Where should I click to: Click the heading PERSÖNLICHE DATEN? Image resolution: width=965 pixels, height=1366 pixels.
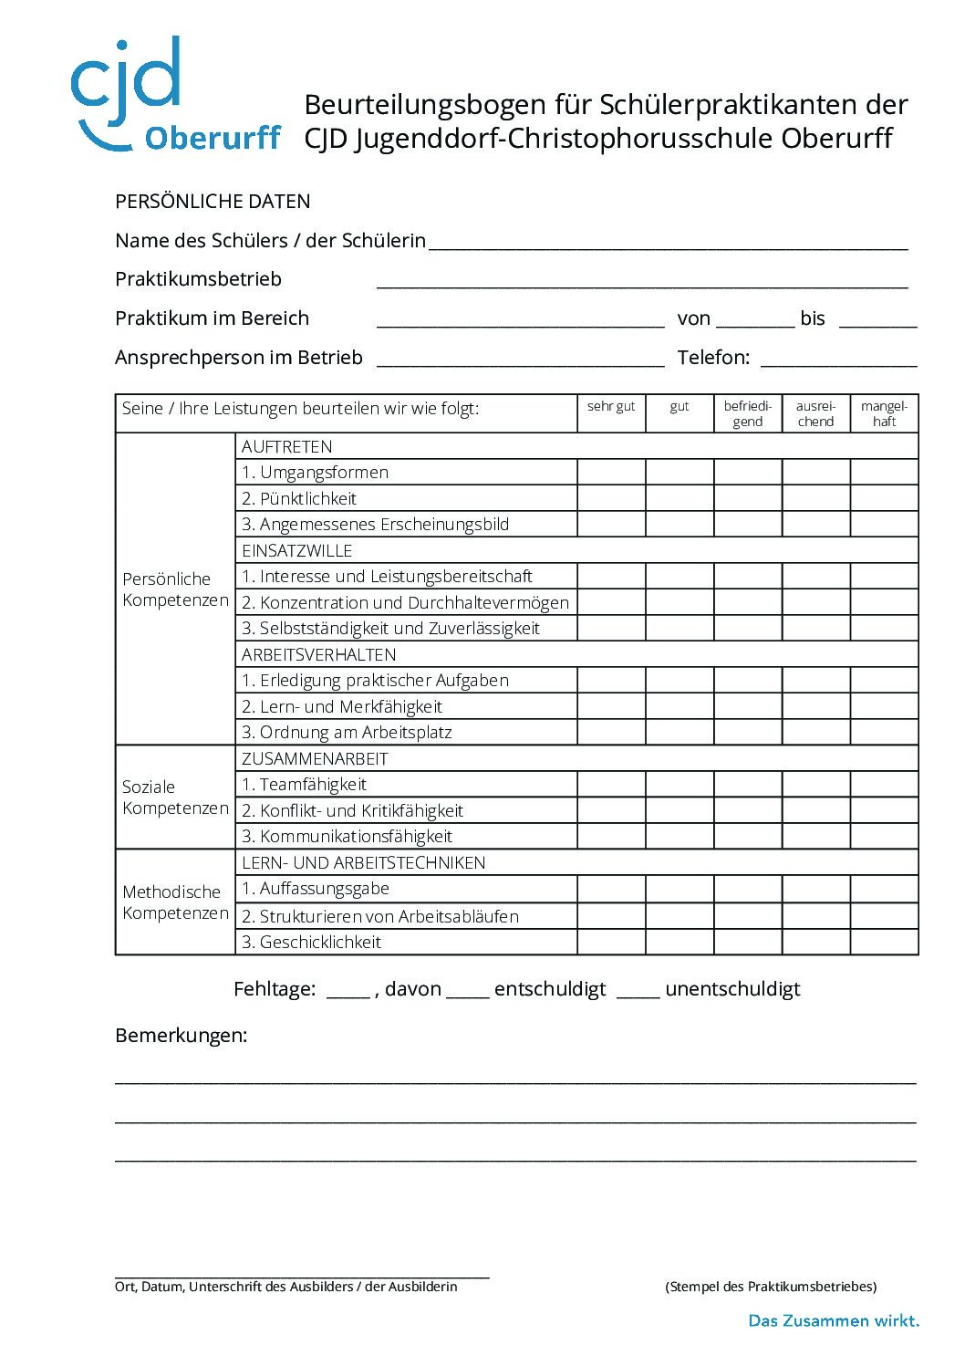point(213,202)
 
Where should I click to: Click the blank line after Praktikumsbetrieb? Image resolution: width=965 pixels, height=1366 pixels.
point(641,281)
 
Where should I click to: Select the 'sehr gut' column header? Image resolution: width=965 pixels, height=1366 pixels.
point(611,407)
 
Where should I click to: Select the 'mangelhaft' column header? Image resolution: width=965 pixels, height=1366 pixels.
point(884,413)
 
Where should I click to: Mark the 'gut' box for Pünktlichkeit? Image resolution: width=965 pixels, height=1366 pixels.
point(680,498)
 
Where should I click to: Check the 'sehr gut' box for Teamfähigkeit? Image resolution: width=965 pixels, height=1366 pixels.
point(611,785)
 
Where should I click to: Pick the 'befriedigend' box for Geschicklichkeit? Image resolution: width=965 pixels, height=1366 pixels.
point(747,942)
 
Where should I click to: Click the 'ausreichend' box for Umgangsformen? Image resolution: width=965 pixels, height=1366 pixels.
point(815,472)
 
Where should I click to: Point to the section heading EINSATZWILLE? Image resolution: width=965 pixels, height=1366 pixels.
point(296,550)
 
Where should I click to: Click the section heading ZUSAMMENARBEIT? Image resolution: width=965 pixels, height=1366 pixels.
point(315,758)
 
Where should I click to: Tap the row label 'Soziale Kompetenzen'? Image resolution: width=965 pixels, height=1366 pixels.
point(175,798)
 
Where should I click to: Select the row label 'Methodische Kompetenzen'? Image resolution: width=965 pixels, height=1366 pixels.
point(175,902)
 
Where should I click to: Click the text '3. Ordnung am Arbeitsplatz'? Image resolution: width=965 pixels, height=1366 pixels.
point(347,732)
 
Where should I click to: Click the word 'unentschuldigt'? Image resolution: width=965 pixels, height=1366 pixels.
point(732,989)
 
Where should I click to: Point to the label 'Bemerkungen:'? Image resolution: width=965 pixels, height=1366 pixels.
point(182,1036)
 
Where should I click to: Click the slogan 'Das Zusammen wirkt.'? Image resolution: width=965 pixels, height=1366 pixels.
point(834,1320)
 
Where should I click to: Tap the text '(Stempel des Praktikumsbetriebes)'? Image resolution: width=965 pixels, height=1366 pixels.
point(771,1287)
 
